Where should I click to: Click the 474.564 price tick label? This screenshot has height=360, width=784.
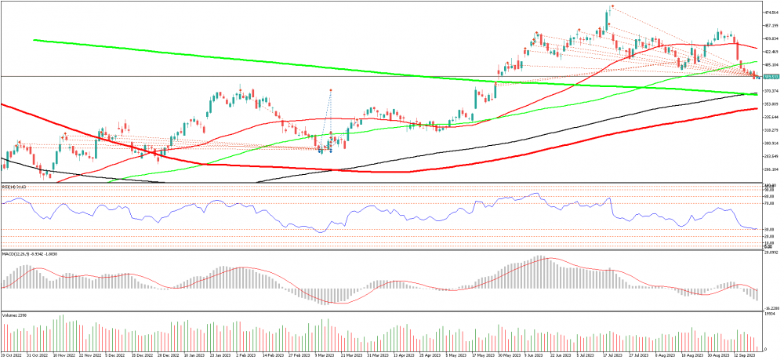[771, 13]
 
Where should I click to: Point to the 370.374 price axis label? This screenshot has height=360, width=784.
[771, 91]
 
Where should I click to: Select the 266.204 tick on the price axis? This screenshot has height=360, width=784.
[771, 169]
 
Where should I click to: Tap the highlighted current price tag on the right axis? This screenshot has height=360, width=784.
[771, 77]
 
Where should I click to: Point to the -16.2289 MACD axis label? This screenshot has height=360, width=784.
[771, 308]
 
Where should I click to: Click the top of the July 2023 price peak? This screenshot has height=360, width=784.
[610, 7]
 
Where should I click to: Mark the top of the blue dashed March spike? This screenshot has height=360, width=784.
[331, 90]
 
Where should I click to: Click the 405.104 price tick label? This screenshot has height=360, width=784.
[771, 65]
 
